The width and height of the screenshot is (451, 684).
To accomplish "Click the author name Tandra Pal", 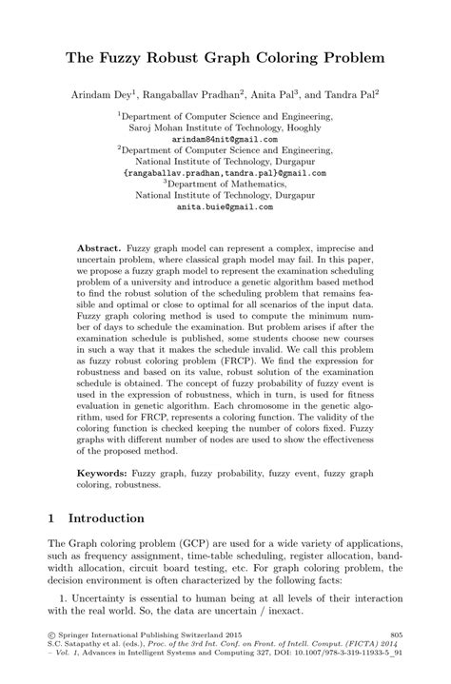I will coord(348,94).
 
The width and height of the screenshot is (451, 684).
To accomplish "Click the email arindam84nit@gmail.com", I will coord(225,138).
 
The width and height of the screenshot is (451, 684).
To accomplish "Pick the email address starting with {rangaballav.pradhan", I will coord(225,173).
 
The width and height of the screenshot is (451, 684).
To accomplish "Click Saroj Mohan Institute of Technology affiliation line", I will coord(225,127).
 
